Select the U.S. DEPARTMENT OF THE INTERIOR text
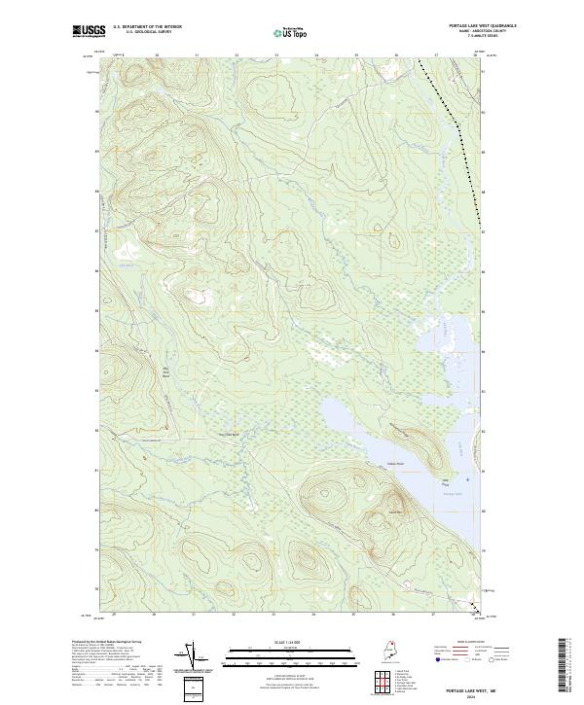tap(147, 26)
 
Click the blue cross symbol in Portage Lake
tap(467, 479)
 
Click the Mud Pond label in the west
tap(138, 371)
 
